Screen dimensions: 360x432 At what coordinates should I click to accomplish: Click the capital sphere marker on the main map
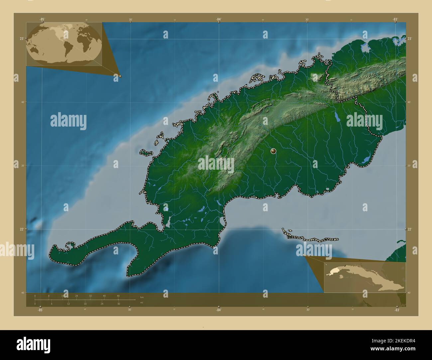[x=273, y=151]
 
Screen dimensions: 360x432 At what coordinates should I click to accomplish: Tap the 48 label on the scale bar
[x=118, y=296]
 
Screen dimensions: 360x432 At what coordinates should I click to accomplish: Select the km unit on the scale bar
[x=142, y=297]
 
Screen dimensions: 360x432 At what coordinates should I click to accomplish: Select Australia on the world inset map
[x=34, y=50]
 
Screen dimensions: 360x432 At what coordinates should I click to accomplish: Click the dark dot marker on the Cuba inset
[x=345, y=265]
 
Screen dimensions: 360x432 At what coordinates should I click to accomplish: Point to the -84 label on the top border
[x=218, y=19]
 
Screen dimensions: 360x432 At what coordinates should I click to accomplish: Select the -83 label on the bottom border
[x=396, y=310]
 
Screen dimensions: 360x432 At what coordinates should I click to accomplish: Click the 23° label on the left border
[x=21, y=39]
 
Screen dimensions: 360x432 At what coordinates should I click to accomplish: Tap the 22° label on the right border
[x=411, y=229]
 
